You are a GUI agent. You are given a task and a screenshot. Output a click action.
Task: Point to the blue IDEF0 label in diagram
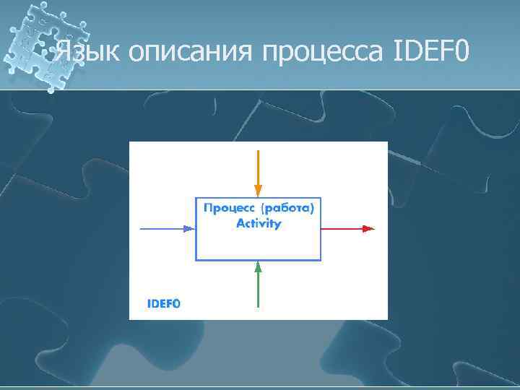tap(164, 304)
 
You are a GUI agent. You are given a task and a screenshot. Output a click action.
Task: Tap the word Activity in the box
tap(259, 223)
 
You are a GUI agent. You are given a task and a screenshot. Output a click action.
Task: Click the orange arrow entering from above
tap(258, 170)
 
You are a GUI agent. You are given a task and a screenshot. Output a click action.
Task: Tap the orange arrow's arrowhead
tap(258, 191)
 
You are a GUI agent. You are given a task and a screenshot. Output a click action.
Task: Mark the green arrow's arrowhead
tap(258, 266)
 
